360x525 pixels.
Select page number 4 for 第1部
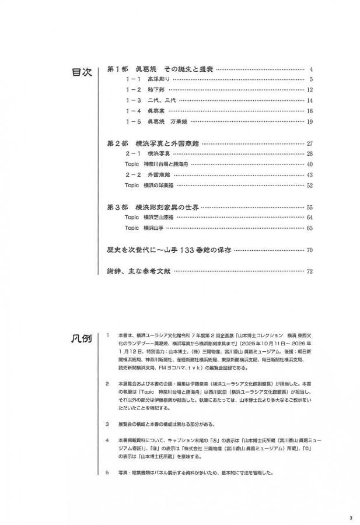click(x=312, y=69)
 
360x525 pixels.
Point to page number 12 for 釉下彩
click(x=310, y=90)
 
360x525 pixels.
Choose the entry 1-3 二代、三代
click(x=149, y=100)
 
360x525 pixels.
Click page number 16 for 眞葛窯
click(x=310, y=111)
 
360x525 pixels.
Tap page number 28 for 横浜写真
click(x=310, y=154)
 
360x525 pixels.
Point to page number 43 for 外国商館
click(x=310, y=175)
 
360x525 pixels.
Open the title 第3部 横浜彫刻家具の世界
click(x=155, y=207)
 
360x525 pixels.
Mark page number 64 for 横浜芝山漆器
click(x=310, y=217)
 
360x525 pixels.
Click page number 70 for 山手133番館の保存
click(x=310, y=250)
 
